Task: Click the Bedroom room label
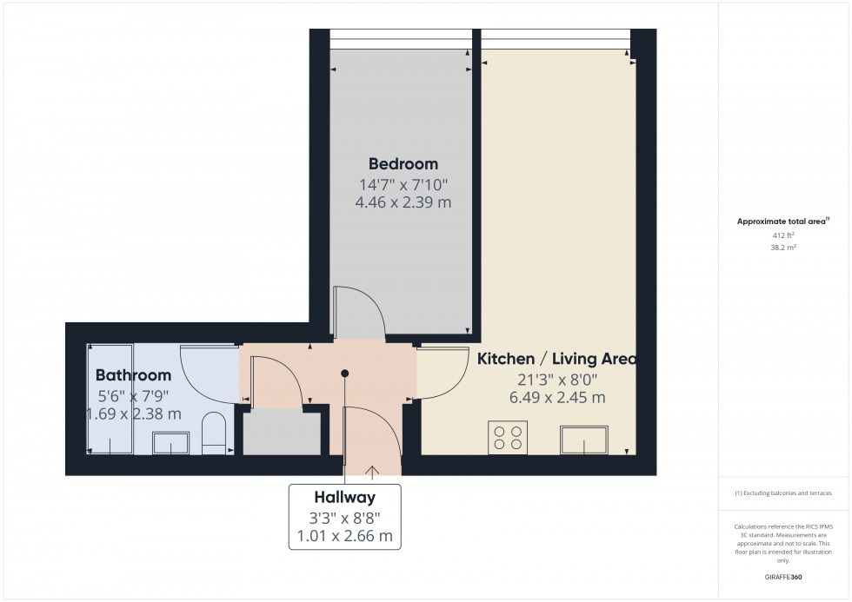tap(403, 163)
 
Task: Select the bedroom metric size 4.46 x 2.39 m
tap(403, 202)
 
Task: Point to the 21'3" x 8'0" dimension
tap(556, 379)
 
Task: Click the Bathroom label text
tap(133, 375)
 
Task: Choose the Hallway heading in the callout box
tap(345, 498)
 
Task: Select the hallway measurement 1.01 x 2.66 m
tap(345, 536)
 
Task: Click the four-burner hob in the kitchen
tap(508, 437)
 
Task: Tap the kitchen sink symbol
tap(584, 440)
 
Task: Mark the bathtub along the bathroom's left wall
tap(110, 399)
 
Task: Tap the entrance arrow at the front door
tap(374, 472)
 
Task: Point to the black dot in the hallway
tap(345, 374)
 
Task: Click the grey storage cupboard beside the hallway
tap(282, 432)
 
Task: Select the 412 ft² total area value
tap(784, 235)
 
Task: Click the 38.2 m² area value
tap(784, 247)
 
